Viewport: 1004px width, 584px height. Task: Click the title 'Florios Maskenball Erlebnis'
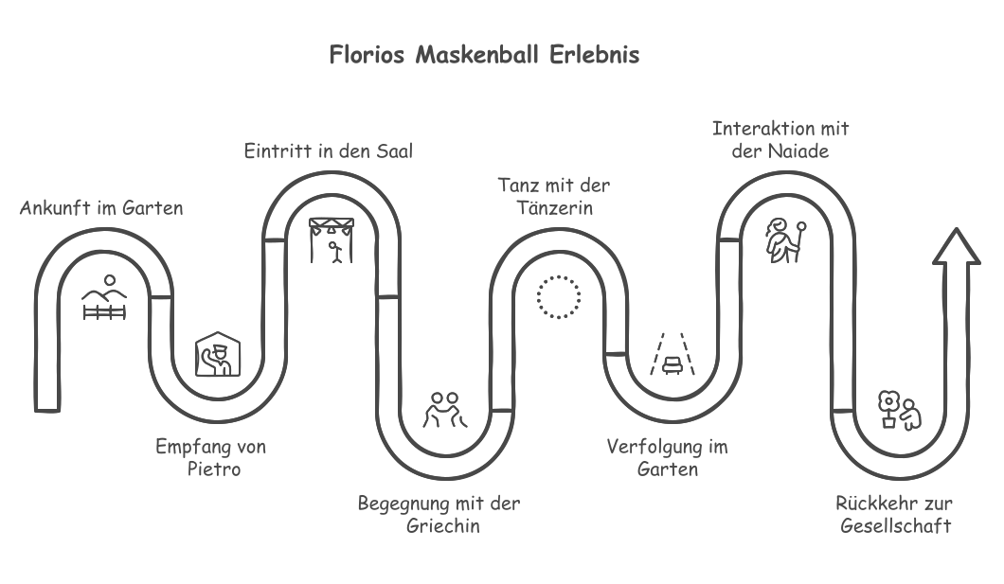[484, 54]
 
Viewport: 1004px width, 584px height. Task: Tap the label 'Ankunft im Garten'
[101, 208]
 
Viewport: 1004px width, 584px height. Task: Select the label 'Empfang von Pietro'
[211, 457]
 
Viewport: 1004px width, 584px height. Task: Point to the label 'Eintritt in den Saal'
[329, 150]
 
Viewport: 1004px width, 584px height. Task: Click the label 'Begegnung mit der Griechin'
[439, 514]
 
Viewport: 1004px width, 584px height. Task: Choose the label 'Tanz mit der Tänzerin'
[554, 196]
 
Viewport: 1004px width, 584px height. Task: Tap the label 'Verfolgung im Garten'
[667, 457]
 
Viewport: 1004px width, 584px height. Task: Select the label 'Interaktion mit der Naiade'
[780, 139]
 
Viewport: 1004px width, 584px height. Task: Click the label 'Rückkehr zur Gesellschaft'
[894, 514]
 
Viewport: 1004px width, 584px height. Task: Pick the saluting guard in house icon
[218, 354]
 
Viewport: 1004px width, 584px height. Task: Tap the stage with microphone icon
[332, 240]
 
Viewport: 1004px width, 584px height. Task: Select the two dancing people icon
[445, 410]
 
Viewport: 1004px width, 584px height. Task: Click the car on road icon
[672, 354]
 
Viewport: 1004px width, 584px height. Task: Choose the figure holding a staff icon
[785, 240]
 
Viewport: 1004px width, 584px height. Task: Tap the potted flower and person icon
[900, 410]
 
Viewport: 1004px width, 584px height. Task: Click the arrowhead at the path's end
[957, 246]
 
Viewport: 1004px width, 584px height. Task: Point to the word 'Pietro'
[214, 469]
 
